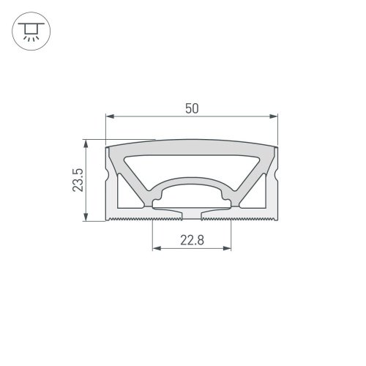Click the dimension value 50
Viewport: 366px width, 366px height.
pos(192,108)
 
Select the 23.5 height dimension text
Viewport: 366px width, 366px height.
pos(78,180)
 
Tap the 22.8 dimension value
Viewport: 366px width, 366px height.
pos(192,240)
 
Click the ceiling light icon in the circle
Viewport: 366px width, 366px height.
pos(31,31)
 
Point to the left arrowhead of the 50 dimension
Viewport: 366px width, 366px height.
pos(110,116)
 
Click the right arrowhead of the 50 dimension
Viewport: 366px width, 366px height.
pos(274,116)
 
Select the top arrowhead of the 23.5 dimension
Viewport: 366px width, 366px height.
pos(86,144)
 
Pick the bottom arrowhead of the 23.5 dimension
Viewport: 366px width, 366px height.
pos(86,217)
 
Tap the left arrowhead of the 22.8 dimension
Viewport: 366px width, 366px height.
pos(157,248)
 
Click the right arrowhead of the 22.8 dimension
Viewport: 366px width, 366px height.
pos(227,248)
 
